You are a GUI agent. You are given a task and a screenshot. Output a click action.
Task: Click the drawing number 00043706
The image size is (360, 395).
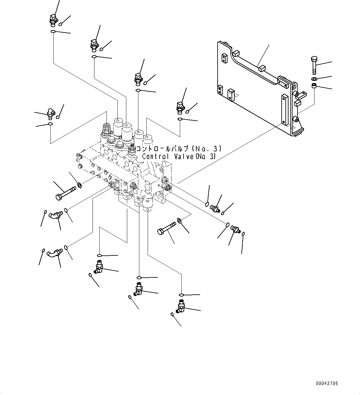[327, 383]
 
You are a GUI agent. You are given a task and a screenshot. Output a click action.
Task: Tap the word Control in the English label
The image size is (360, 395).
[156, 157]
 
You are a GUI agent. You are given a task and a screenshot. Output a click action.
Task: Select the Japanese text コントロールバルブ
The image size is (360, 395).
[163, 149]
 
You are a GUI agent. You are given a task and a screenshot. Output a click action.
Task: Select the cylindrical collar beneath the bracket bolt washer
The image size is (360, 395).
[314, 86]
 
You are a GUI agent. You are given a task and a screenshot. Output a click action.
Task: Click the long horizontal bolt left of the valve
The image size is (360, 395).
[66, 193]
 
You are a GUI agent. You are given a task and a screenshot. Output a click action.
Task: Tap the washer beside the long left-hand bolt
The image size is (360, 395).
[80, 185]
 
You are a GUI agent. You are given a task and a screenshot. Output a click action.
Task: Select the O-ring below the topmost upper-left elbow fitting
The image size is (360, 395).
[53, 32]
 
